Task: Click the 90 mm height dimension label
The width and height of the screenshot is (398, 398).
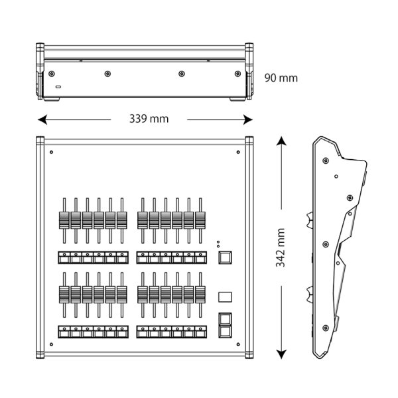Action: (x=281, y=78)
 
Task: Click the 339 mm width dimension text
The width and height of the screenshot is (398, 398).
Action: (x=149, y=119)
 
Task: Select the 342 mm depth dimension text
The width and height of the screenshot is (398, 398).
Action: (x=281, y=247)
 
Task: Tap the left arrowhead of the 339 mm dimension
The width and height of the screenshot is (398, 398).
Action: (x=42, y=119)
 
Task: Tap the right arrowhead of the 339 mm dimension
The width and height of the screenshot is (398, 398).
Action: (x=248, y=119)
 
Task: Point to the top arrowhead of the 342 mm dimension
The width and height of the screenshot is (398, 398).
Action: (x=281, y=141)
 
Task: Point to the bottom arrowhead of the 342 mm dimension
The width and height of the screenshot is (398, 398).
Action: (x=281, y=354)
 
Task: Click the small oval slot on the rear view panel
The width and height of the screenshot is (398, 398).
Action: (x=58, y=87)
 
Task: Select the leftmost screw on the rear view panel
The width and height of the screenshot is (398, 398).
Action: (x=52, y=74)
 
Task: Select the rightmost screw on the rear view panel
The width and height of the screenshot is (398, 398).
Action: (x=237, y=74)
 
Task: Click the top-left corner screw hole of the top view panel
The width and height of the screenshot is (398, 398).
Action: (x=51, y=152)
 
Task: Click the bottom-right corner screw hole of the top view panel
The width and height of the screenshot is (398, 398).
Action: (x=238, y=344)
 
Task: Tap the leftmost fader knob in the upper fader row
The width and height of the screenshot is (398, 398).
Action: (x=64, y=220)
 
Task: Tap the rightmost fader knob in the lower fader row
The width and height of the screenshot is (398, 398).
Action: (x=200, y=295)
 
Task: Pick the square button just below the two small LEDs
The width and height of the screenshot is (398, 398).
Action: (x=225, y=257)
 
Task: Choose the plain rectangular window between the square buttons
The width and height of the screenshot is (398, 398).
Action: (x=225, y=297)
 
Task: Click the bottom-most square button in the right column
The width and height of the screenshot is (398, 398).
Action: (x=225, y=332)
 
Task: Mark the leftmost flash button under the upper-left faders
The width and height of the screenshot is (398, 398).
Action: (x=64, y=257)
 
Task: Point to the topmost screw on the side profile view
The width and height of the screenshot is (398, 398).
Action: (x=326, y=161)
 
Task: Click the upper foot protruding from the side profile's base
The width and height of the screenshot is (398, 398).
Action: (x=309, y=220)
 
